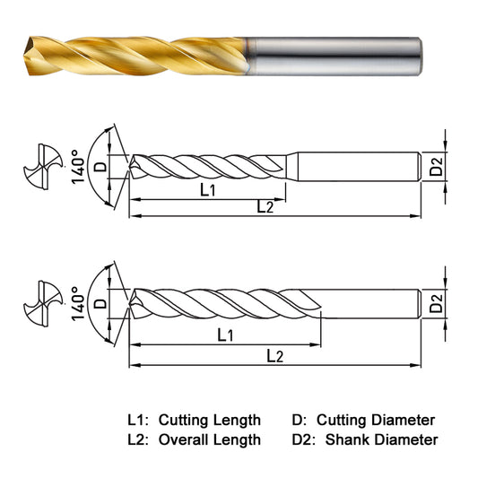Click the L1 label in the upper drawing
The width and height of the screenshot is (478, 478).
click(x=207, y=190)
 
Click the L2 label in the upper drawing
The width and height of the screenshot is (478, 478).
click(x=265, y=206)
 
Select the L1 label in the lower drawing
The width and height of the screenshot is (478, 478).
click(x=225, y=335)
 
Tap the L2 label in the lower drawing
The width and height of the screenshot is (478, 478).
click(x=275, y=356)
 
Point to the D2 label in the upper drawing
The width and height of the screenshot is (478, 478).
click(x=436, y=166)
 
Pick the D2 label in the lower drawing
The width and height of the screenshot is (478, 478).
click(x=436, y=303)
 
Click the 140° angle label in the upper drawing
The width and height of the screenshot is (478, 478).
click(x=78, y=167)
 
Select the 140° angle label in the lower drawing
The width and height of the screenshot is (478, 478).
click(x=78, y=304)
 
